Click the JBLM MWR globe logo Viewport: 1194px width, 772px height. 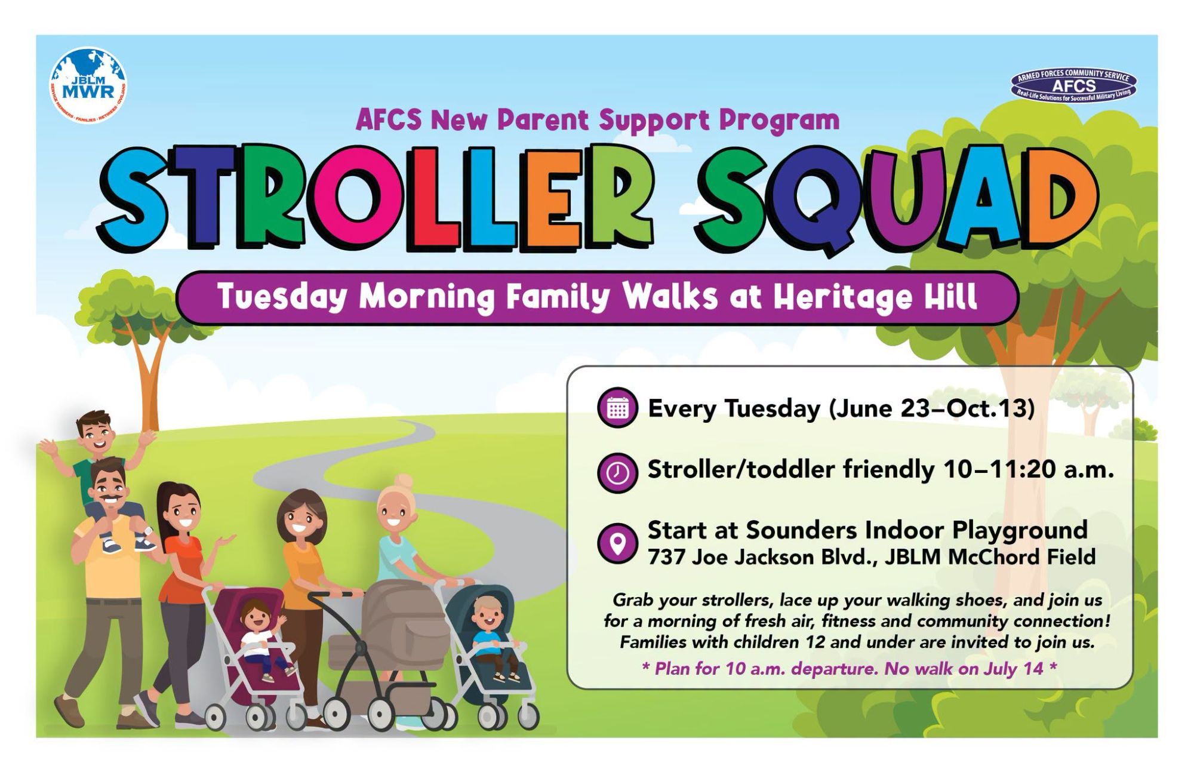click(88, 85)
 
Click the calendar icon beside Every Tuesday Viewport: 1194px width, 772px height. click(617, 408)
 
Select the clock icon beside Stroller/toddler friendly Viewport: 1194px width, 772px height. click(617, 472)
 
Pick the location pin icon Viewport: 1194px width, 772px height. click(617, 543)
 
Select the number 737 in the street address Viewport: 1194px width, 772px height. click(666, 557)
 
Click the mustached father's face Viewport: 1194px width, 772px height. click(109, 486)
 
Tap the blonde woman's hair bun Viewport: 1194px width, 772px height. click(404, 481)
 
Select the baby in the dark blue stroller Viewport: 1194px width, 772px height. click(492, 636)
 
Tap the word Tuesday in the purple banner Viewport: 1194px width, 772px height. click(282, 297)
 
